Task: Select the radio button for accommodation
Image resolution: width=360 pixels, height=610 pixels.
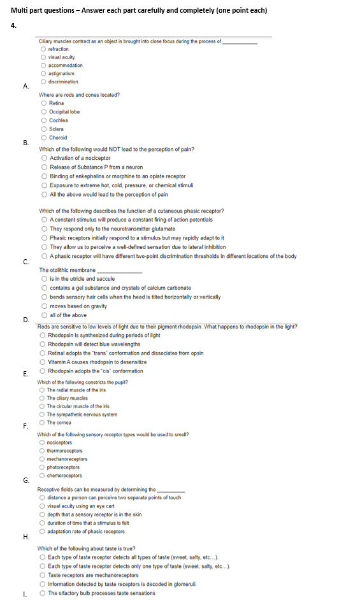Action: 43,65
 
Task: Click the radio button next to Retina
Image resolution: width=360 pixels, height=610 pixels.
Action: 43,103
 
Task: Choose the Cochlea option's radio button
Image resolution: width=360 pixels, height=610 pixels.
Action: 43,120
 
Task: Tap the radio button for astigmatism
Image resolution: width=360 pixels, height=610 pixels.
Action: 43,73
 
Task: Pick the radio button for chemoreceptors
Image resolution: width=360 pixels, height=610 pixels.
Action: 42,476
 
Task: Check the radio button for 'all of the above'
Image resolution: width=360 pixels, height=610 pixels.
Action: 43,315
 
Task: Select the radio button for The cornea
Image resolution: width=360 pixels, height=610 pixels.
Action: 42,422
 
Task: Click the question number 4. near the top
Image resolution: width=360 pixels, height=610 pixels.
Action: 13,25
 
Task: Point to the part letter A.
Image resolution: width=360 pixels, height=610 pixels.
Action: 25,86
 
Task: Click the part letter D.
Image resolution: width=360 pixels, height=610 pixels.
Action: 25,320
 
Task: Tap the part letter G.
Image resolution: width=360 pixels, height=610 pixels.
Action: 25,479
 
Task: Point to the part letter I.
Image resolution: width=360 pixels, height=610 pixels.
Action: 24,594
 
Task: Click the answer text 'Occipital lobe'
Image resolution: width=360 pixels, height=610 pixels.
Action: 64,111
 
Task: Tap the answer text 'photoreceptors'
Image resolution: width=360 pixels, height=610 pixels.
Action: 64,467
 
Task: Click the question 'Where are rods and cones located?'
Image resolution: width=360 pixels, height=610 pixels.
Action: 80,95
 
